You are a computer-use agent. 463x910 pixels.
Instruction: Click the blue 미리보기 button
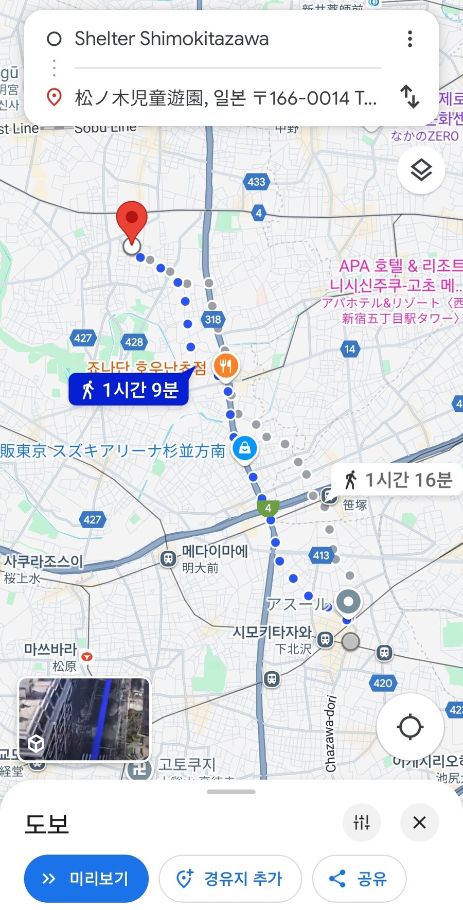click(x=86, y=879)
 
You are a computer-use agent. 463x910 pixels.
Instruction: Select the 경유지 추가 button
click(x=230, y=879)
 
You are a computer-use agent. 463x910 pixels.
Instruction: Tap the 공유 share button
click(x=359, y=879)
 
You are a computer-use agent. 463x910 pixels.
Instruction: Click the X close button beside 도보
click(x=419, y=822)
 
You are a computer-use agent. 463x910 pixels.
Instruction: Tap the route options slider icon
click(x=362, y=822)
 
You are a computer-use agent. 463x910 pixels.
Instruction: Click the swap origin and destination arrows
click(x=410, y=97)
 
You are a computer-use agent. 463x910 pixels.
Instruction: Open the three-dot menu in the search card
click(x=410, y=39)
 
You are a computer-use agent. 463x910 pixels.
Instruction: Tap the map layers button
click(x=421, y=170)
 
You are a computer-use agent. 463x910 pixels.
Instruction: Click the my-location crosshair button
click(x=410, y=727)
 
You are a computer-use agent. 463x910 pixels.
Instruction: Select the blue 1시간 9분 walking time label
click(x=129, y=390)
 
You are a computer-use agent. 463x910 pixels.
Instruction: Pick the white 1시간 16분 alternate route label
click(x=397, y=480)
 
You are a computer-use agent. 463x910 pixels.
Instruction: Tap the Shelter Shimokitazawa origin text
click(x=172, y=39)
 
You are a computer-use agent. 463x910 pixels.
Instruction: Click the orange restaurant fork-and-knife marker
click(x=226, y=366)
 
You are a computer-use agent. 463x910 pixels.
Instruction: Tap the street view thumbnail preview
click(x=85, y=719)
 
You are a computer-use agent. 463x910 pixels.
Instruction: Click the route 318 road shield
click(x=212, y=319)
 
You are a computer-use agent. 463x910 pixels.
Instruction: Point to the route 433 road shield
click(x=256, y=181)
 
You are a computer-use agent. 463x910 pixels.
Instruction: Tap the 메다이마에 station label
click(x=214, y=551)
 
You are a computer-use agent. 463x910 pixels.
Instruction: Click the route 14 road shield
click(x=350, y=349)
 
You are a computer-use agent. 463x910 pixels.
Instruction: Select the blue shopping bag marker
click(x=245, y=448)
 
